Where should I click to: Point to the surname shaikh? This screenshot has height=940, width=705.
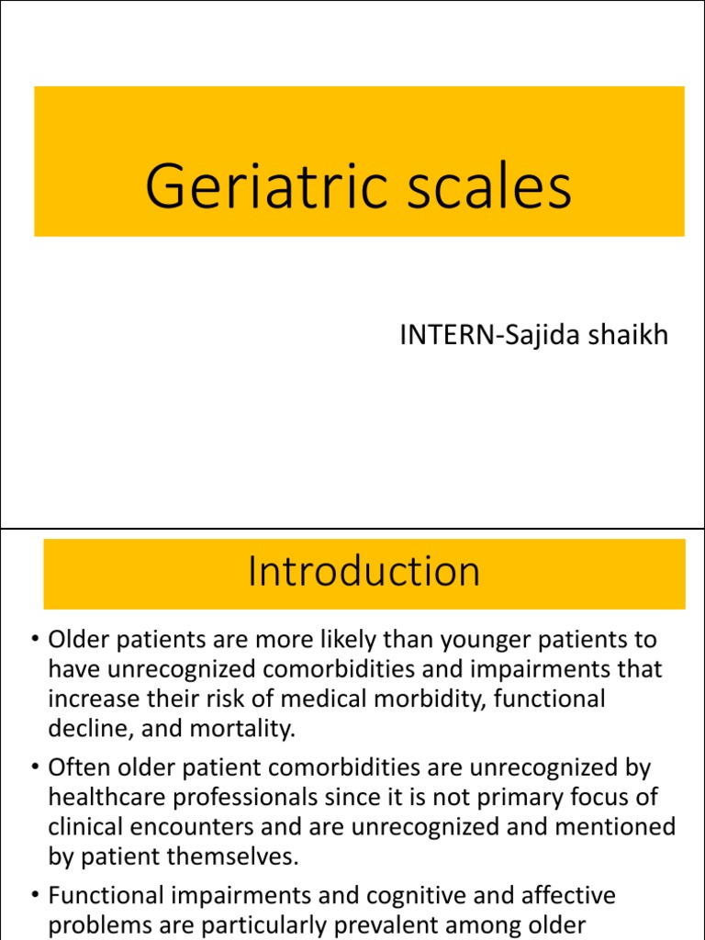(632, 335)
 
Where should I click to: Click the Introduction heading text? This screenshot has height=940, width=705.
(364, 571)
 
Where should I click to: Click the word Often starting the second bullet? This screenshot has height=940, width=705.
(79, 767)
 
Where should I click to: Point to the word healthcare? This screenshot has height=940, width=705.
(108, 798)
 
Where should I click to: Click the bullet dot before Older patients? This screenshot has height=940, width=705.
(32, 640)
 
